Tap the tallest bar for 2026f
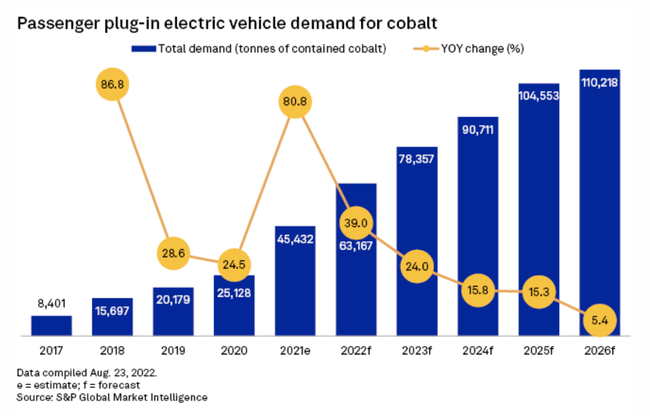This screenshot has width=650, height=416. pyautogui.click(x=600, y=205)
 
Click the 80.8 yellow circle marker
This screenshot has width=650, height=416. pyautogui.click(x=295, y=101)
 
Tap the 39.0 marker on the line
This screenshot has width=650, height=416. pyautogui.click(x=355, y=223)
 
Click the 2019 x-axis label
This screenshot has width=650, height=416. pyautogui.click(x=173, y=349)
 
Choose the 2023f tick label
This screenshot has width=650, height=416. pyautogui.click(x=416, y=349)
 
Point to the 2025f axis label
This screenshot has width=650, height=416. pyautogui.click(x=539, y=349)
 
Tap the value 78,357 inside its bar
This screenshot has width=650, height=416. pyautogui.click(x=417, y=158)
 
